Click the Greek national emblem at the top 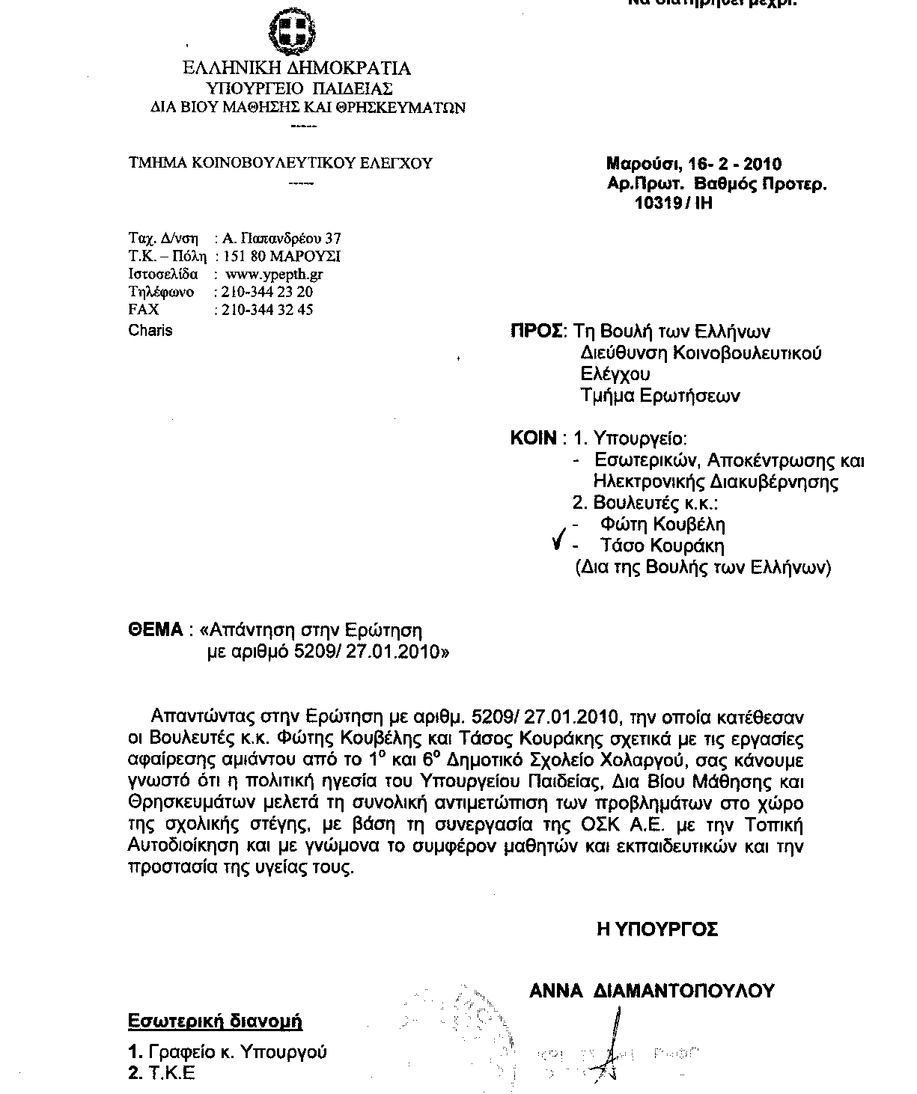(x=291, y=31)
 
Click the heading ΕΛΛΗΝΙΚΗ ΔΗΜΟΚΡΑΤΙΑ (x=297, y=69)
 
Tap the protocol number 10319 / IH (x=673, y=203)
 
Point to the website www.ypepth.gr (x=274, y=274)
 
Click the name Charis (x=150, y=330)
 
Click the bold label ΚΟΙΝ (x=533, y=438)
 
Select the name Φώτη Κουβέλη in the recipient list (x=662, y=524)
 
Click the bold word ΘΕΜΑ (x=156, y=630)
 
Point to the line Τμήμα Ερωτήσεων (x=660, y=396)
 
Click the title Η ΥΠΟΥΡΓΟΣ (x=657, y=929)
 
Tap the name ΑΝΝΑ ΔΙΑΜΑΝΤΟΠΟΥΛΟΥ (x=651, y=991)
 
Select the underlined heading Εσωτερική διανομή (x=216, y=1021)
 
